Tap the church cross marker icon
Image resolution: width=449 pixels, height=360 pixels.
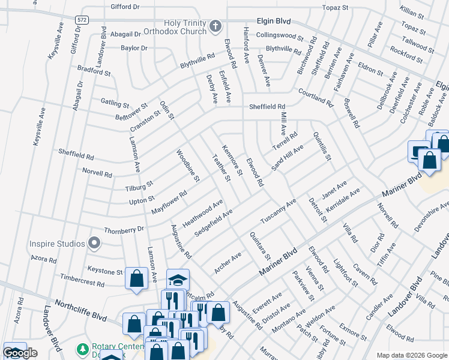tap(215, 26)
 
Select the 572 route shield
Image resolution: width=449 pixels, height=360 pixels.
tap(80, 20)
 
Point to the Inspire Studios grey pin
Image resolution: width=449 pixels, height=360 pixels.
tap(94, 244)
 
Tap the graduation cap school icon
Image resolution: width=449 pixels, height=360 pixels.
tap(178, 280)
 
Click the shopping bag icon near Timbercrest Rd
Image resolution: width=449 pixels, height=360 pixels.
tap(136, 278)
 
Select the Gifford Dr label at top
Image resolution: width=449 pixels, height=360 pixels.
tap(125, 7)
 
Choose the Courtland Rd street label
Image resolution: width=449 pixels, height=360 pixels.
tap(315, 96)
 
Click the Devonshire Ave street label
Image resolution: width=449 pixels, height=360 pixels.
tap(430, 218)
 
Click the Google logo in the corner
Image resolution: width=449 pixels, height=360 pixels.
tap(20, 353)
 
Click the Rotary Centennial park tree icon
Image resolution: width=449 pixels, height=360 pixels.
tap(82, 349)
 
